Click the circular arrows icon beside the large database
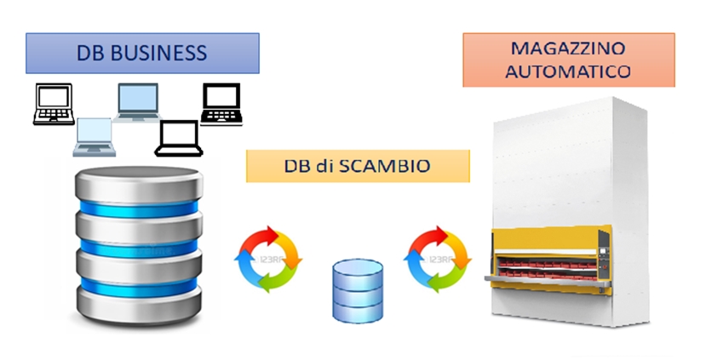(x=268, y=257)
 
